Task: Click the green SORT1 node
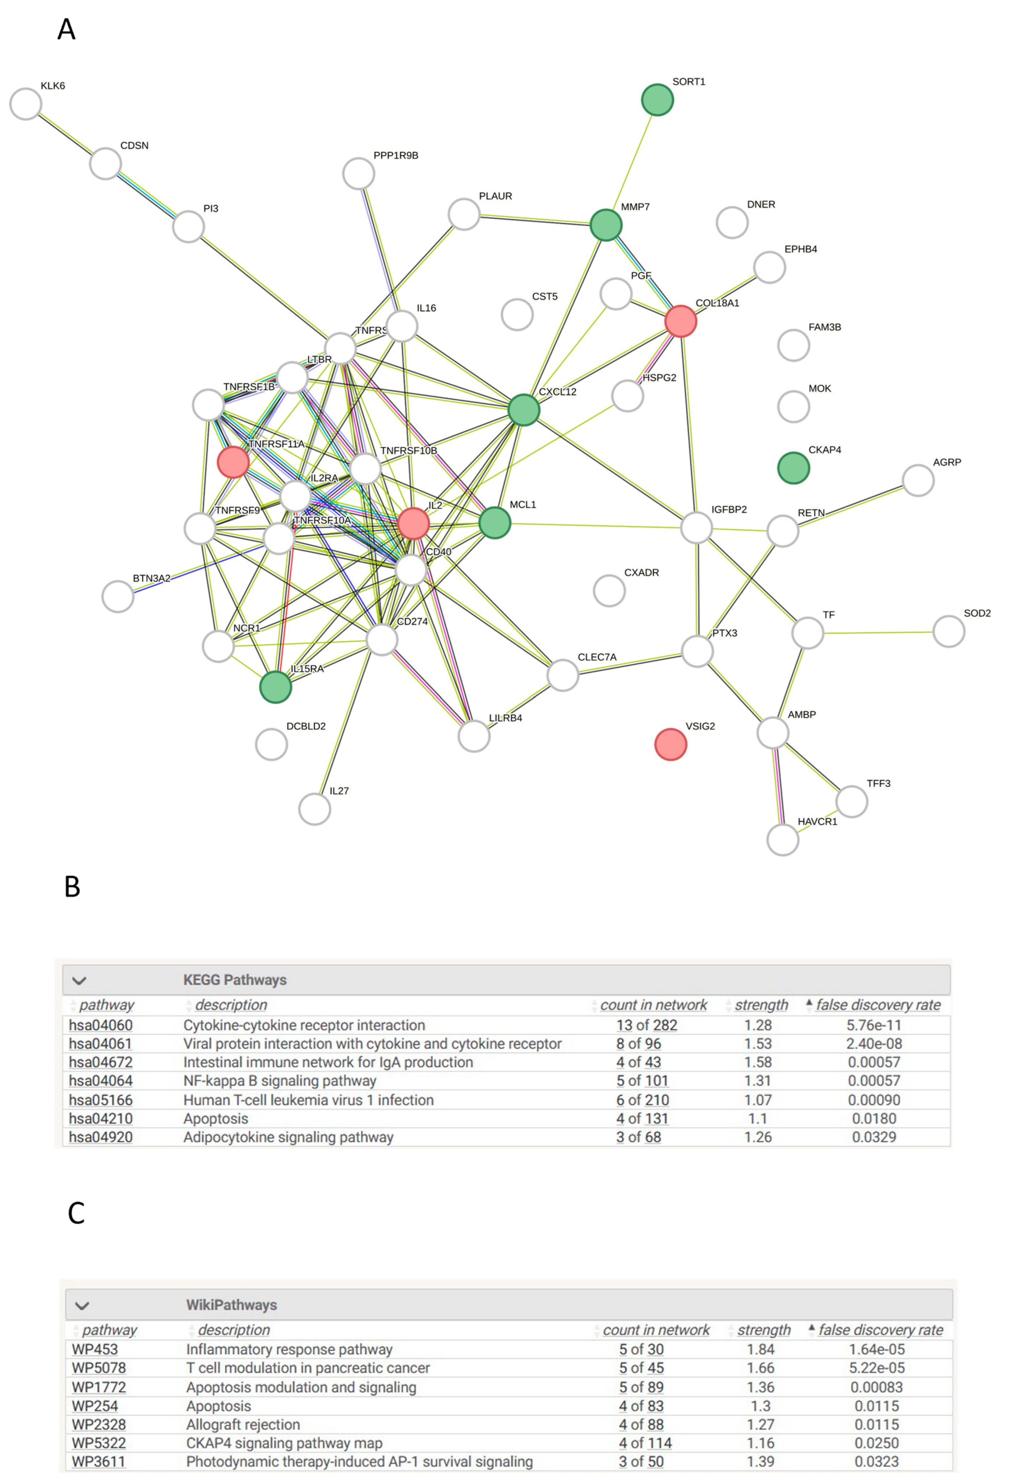point(657,100)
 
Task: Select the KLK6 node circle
point(25,104)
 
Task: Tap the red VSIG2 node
point(670,744)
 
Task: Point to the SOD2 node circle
point(948,631)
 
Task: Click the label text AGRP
point(946,462)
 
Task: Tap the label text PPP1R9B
point(395,155)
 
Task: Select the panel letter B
point(72,886)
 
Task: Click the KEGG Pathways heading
point(235,980)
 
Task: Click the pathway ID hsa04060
point(101,1025)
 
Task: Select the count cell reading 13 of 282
point(646,1025)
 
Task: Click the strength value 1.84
point(760,1349)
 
